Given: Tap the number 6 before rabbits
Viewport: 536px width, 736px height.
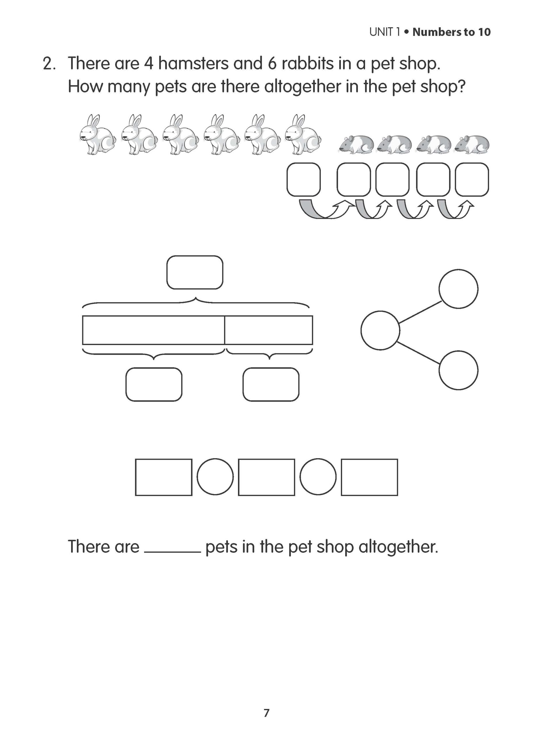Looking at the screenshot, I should coord(272,63).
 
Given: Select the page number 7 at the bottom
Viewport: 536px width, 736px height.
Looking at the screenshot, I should coord(266,713).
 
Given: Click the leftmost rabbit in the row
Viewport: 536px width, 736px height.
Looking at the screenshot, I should coord(97,135).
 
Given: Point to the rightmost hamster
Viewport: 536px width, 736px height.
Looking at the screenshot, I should coord(472,144).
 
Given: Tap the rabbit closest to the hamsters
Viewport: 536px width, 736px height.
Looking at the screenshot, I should coord(303,135).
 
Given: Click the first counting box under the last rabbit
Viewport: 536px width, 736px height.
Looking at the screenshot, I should coord(304,179).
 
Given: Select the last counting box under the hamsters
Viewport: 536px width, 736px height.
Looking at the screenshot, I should coord(472,179).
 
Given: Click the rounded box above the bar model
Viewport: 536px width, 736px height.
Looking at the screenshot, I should coord(195,272).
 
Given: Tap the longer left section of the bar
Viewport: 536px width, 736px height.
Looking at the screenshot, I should coord(153,330).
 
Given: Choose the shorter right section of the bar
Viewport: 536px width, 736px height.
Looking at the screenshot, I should coord(268,330).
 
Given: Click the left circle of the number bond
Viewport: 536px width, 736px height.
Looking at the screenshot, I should coord(380,330).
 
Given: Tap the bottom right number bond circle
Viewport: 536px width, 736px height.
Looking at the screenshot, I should coord(458,370).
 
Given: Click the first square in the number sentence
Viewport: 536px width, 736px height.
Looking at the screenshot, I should coord(164,477).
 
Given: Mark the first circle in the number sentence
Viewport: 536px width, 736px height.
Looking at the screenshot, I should coord(215,477).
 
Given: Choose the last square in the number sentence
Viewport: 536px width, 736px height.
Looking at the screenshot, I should coord(369,477).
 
